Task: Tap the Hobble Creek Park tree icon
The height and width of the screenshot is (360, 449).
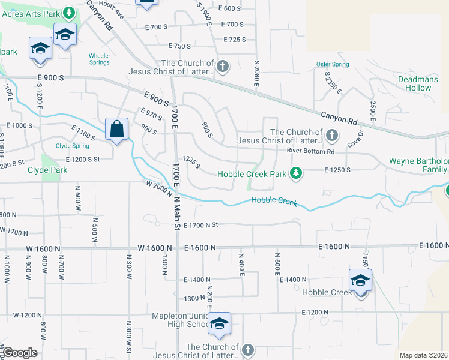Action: pos(295,174)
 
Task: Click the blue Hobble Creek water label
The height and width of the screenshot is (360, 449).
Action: pos(274,201)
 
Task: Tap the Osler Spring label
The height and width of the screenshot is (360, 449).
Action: pos(333,65)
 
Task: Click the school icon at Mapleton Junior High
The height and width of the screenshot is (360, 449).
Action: pos(220,325)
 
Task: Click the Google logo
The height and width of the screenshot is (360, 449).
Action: pos(20,353)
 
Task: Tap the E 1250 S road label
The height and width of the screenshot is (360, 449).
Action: pos(337,170)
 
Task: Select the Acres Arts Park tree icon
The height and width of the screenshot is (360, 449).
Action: pos(69,12)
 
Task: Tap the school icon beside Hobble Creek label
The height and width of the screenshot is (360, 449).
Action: pos(360,280)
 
